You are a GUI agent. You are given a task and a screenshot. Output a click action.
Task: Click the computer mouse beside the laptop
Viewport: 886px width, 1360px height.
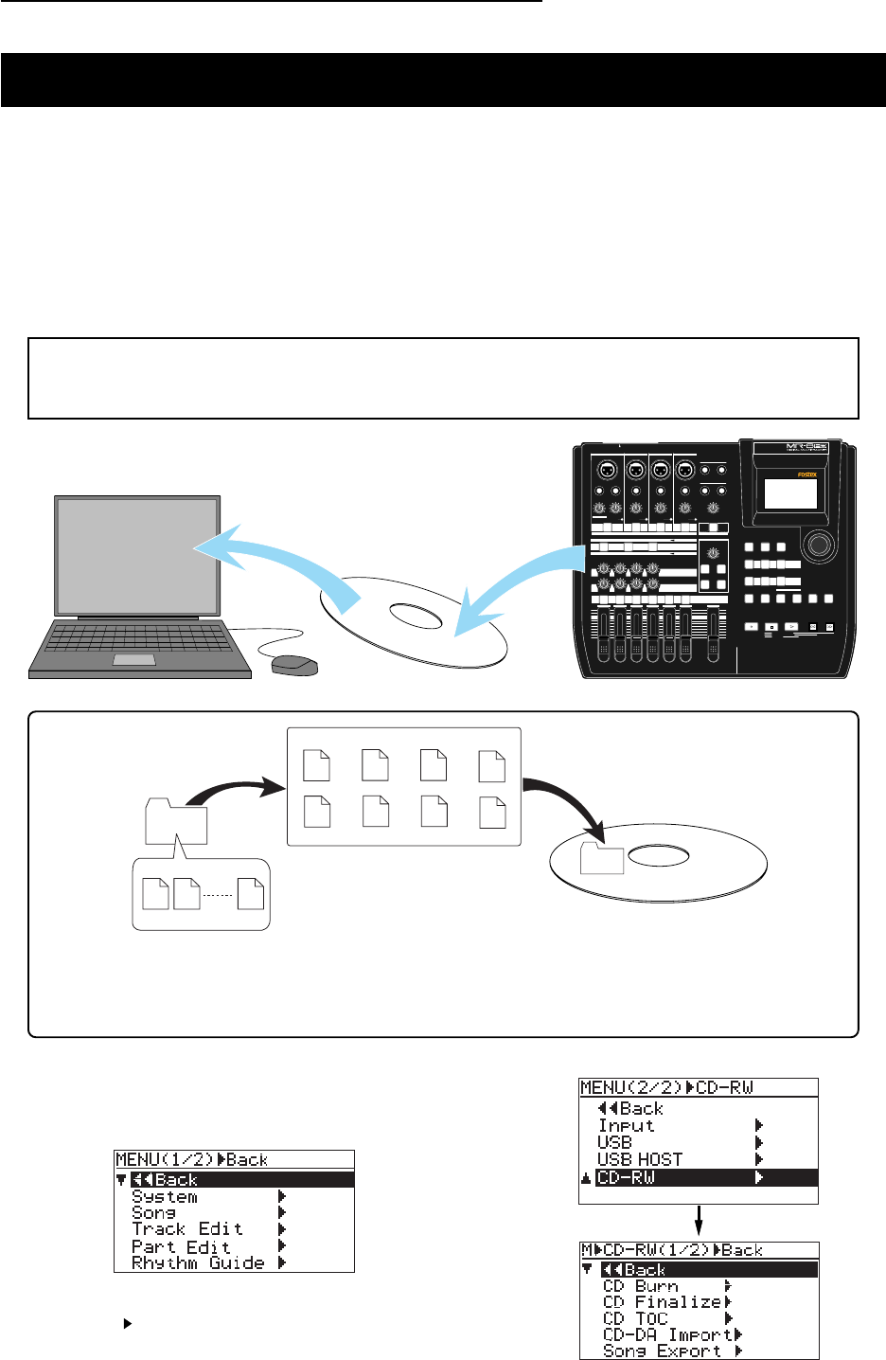point(294,664)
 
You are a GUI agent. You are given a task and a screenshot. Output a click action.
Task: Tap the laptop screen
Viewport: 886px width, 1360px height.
point(137,554)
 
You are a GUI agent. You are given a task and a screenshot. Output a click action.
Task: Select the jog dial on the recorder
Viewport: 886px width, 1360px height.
point(820,545)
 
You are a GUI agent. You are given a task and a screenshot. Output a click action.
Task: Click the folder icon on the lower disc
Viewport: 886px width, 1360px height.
point(602,858)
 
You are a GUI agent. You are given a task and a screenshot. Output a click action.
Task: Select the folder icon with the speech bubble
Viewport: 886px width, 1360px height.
point(176,821)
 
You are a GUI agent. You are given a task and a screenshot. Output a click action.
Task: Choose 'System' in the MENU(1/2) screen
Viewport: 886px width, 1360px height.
point(165,1196)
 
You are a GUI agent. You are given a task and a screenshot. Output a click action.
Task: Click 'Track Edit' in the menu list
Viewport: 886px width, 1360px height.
point(187,1228)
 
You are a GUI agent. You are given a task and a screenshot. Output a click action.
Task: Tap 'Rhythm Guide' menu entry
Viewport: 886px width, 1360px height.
point(198,1262)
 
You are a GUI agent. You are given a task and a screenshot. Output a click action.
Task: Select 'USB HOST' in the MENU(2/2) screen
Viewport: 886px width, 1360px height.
point(639,1159)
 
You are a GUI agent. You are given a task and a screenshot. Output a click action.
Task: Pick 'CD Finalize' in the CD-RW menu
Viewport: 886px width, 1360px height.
point(662,1302)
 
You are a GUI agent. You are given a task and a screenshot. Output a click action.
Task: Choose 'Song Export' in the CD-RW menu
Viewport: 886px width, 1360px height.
point(662,1351)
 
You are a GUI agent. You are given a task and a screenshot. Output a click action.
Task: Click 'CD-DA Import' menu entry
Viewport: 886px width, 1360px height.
point(666,1334)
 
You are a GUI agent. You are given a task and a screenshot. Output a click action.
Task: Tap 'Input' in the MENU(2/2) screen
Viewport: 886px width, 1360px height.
point(626,1125)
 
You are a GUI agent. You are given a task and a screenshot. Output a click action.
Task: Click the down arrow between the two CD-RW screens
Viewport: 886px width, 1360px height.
point(698,1221)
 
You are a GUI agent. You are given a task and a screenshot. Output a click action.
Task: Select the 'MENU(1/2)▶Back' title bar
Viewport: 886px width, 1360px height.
point(234,1159)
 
